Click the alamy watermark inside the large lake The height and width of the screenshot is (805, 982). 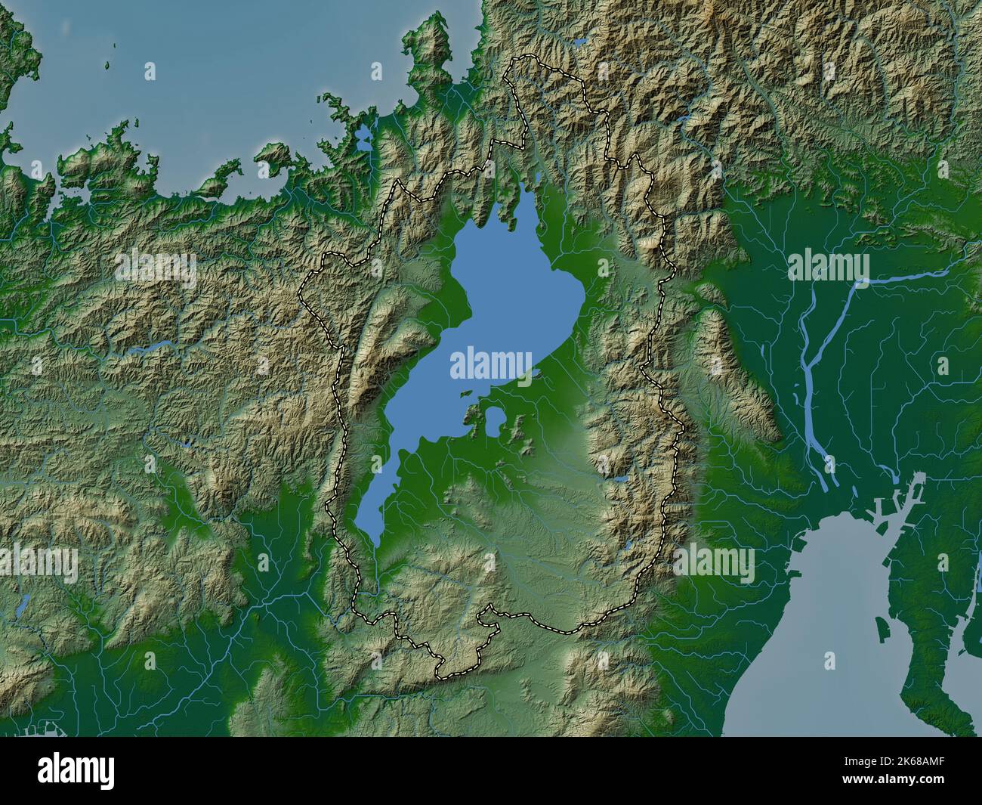tap(492, 364)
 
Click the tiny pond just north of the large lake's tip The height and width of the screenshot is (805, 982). tap(537, 178)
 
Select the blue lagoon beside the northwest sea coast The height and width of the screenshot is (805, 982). tap(364, 137)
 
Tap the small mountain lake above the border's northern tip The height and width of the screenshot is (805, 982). tap(581, 42)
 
